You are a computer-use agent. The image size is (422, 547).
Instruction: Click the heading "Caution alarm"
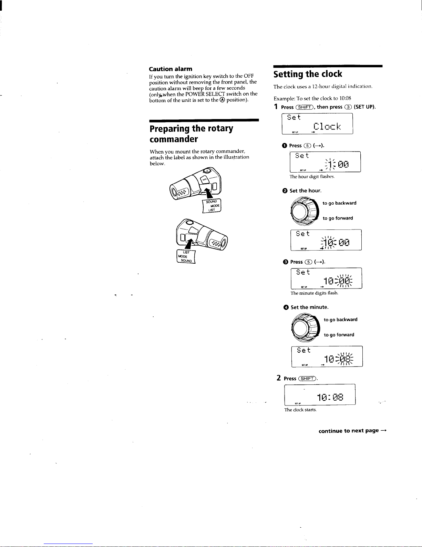171,69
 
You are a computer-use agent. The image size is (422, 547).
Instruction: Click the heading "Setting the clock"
308,74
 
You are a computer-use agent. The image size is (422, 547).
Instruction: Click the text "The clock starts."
300,410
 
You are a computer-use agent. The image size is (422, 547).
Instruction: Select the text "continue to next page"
348,431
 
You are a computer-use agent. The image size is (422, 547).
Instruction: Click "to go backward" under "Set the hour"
339,203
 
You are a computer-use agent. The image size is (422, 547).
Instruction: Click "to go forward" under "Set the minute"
339,335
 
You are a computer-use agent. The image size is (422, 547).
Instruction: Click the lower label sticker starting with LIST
186,256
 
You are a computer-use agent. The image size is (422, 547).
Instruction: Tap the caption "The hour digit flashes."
312,177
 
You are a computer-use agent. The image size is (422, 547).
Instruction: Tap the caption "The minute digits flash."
314,293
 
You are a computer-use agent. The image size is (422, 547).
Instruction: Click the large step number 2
279,378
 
